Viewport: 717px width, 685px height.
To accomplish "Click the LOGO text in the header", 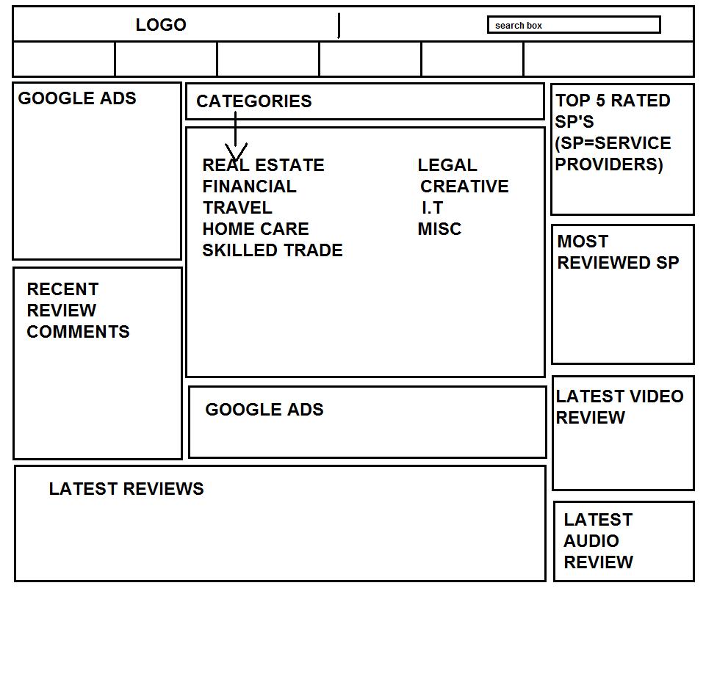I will click(x=161, y=25).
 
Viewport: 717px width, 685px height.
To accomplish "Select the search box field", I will click(x=573, y=25).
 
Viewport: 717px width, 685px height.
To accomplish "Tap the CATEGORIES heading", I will click(x=253, y=101).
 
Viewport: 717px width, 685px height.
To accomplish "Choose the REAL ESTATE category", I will click(x=263, y=165).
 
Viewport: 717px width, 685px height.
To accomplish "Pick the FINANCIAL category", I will click(x=249, y=186).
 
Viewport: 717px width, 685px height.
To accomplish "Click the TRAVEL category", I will click(x=237, y=208).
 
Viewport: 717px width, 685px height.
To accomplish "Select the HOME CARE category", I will click(x=256, y=229).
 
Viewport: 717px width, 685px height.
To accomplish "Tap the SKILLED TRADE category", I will click(x=273, y=250).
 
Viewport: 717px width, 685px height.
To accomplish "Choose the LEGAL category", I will click(x=447, y=165).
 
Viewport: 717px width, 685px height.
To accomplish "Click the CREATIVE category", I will click(x=464, y=186).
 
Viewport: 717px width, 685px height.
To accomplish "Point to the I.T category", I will click(x=432, y=208).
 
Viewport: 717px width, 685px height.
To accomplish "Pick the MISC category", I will click(x=439, y=229).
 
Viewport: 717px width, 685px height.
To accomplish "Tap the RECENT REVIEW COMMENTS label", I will click(x=78, y=311).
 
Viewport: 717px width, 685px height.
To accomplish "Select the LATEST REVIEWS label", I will click(x=126, y=489).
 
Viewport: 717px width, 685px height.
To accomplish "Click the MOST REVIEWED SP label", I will click(x=618, y=252).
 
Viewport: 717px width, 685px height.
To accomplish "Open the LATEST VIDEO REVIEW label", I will click(x=619, y=407).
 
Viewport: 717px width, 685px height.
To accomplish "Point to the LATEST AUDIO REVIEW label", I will click(x=598, y=541).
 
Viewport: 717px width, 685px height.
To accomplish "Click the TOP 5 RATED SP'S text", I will click(x=612, y=111).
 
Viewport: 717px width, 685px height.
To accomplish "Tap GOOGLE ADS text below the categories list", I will click(x=264, y=410).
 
